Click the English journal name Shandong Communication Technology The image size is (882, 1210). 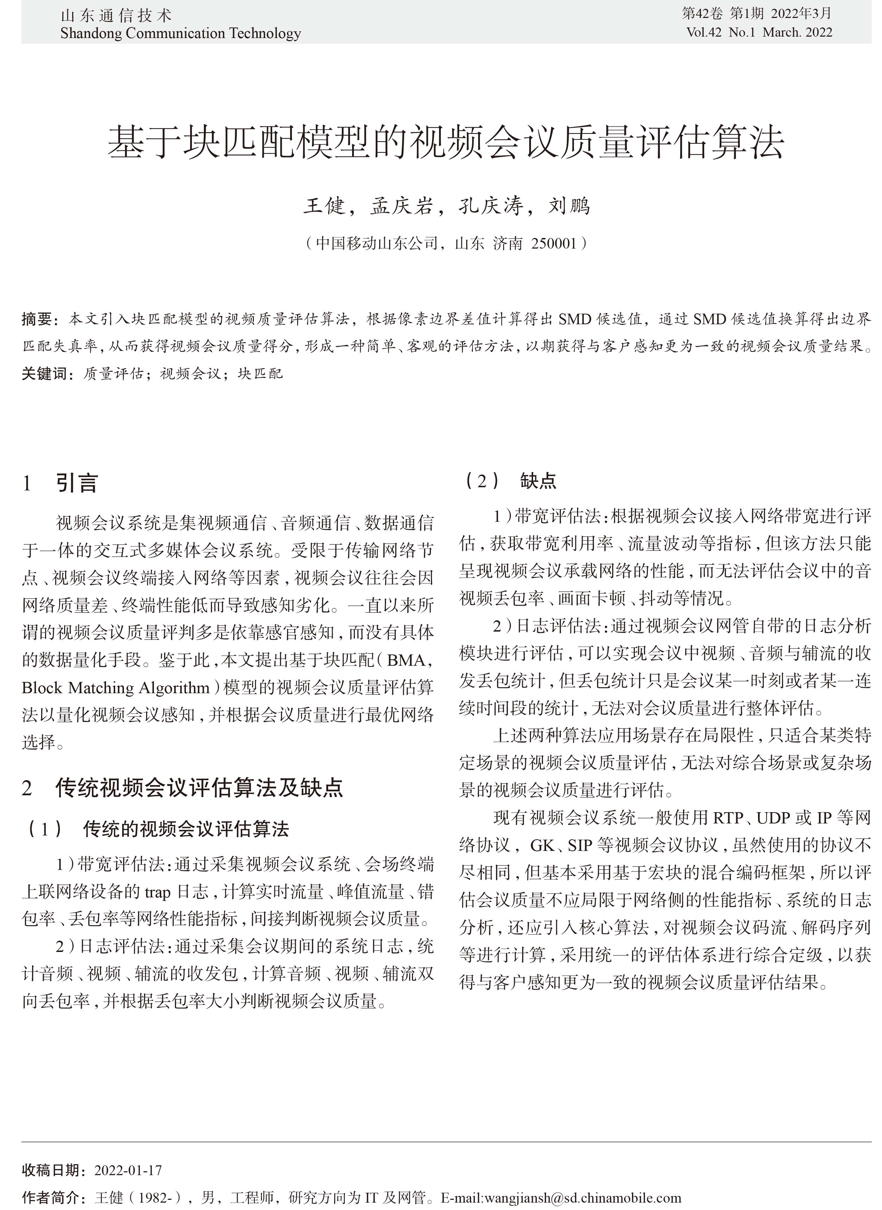181,34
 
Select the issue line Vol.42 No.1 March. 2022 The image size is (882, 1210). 759,32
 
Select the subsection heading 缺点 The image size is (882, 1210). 538,482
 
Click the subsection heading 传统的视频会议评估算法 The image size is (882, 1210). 186,829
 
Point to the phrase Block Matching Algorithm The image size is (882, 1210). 116,688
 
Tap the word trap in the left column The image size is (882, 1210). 157,892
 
